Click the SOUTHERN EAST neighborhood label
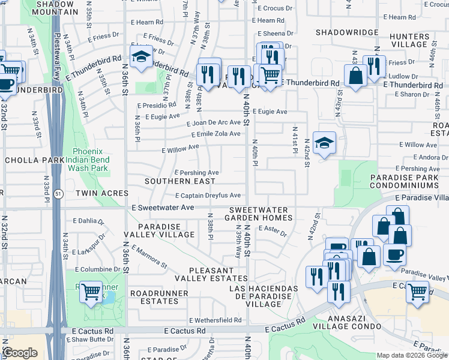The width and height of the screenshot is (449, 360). [x=180, y=181]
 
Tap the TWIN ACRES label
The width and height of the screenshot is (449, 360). [x=102, y=193]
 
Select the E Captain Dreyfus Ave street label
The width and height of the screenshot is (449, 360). [x=208, y=196]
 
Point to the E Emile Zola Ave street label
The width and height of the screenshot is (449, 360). [x=214, y=134]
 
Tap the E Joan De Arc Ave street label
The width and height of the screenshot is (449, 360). [x=213, y=122]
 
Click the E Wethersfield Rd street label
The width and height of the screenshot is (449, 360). [x=215, y=321]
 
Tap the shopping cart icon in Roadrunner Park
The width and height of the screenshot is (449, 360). [x=91, y=293]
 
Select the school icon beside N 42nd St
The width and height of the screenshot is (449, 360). [x=324, y=143]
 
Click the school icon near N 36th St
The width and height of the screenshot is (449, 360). [x=141, y=57]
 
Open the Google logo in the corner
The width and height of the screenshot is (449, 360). [x=20, y=353]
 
